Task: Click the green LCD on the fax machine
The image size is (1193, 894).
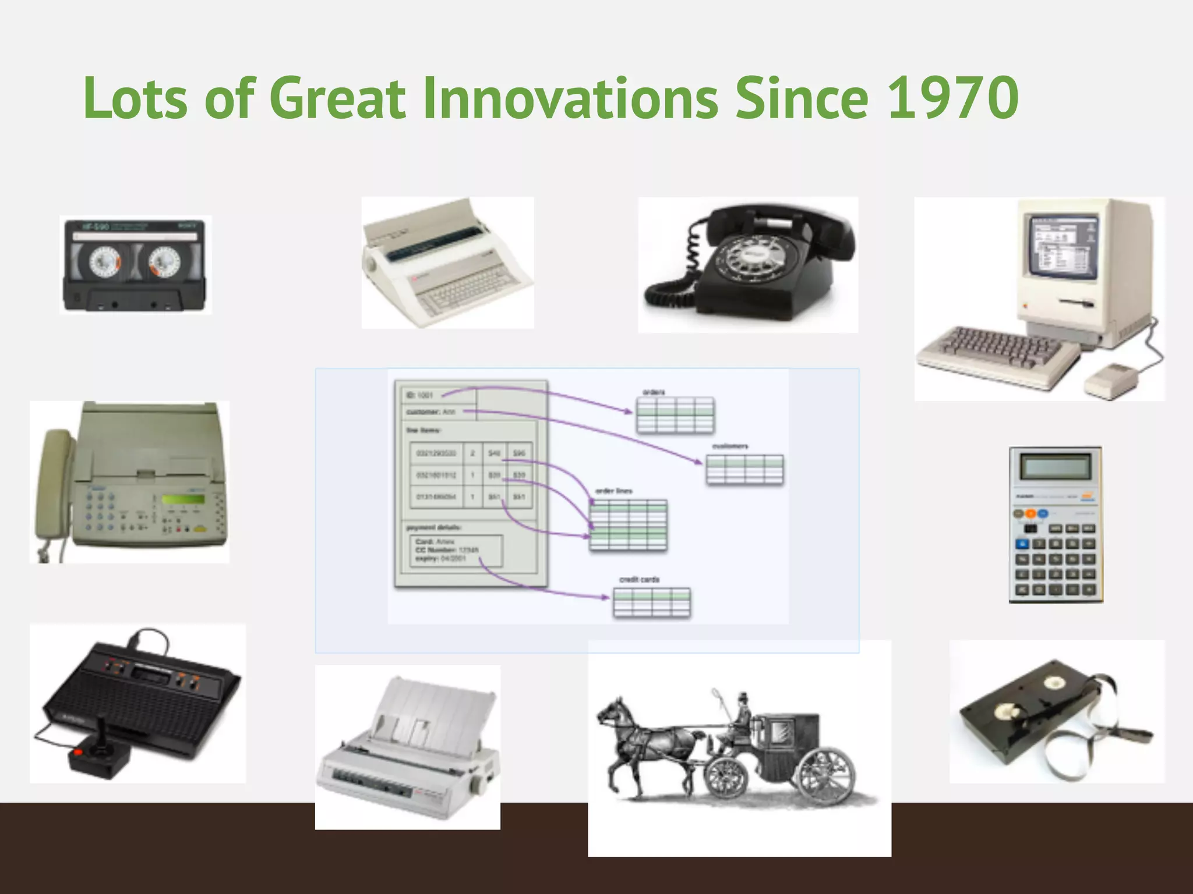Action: coord(183,499)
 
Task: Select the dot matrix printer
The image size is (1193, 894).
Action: coord(408,751)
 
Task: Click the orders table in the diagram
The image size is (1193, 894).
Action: coord(675,415)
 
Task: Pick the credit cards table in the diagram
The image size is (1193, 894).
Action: coord(652,602)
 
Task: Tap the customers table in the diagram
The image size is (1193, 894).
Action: coord(744,470)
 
